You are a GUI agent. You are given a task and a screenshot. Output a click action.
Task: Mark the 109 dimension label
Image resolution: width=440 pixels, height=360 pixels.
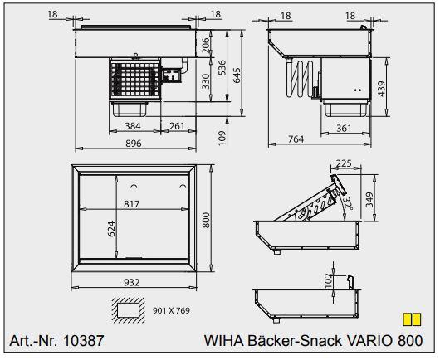click(x=222, y=138)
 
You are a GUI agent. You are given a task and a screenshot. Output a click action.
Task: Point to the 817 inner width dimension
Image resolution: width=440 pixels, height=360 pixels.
click(x=133, y=204)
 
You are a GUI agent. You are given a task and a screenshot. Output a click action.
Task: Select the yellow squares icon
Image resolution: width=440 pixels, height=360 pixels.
click(x=408, y=319)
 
